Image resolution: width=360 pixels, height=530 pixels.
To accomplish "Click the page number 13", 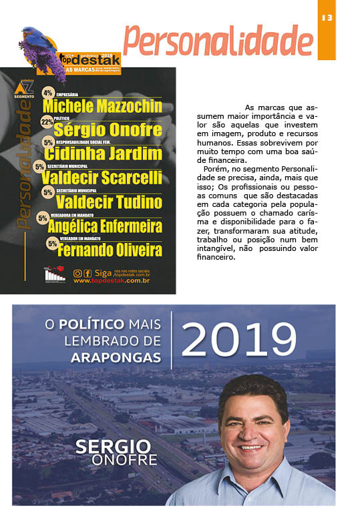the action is click(x=327, y=17).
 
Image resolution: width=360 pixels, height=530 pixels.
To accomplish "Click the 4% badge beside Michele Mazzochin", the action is click(x=47, y=93).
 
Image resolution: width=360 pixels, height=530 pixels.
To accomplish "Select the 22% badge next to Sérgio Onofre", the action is click(x=47, y=122).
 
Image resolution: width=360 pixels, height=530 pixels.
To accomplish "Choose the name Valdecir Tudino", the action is click(x=109, y=202).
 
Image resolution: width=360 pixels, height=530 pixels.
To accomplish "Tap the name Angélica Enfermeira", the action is click(x=105, y=226).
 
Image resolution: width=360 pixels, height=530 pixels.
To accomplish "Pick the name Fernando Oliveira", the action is click(x=110, y=250).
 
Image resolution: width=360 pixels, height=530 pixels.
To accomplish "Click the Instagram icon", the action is click(x=77, y=273).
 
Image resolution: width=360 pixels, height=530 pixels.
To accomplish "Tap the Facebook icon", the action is click(x=87, y=273).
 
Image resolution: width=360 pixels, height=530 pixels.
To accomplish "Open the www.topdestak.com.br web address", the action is click(x=111, y=281).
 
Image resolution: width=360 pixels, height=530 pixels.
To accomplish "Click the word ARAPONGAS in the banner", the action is click(x=116, y=358).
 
